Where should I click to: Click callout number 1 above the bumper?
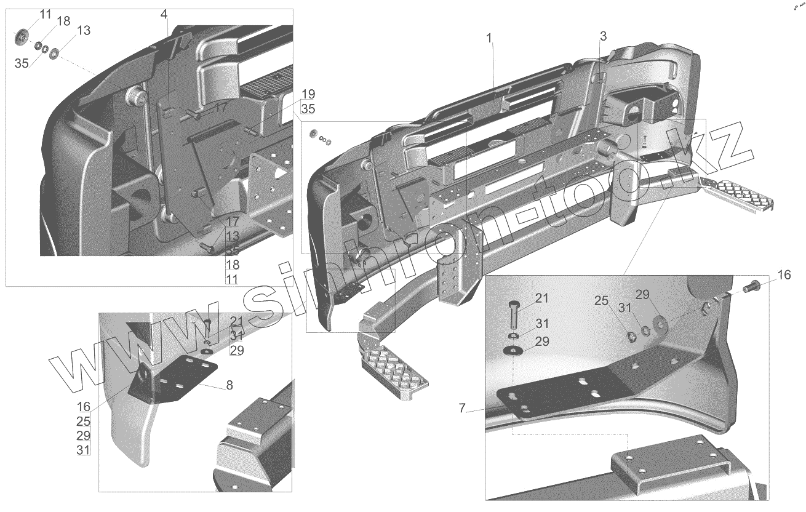pos(489,39)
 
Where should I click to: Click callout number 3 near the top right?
pos(603,36)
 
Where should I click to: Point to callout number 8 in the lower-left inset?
pos(229,386)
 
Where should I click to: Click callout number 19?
pos(308,94)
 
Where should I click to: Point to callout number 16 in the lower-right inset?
pos(784,275)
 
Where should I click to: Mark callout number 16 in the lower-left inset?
pos(84,407)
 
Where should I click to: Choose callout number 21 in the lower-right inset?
pos(541,298)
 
